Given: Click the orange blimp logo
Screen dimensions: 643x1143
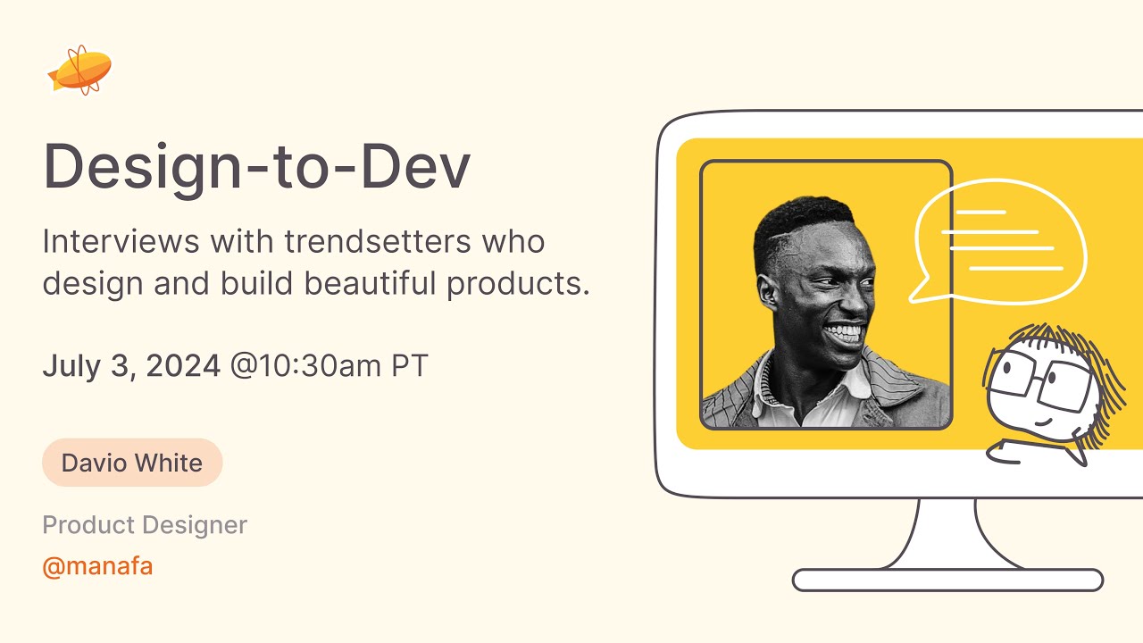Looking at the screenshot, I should (x=80, y=70).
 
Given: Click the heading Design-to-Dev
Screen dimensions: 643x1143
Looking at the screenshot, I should (x=256, y=167).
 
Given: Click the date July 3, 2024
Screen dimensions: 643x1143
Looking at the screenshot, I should (x=131, y=365).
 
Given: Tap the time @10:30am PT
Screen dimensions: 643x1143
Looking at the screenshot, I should (x=329, y=365).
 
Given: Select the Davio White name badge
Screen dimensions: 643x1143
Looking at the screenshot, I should (x=132, y=463).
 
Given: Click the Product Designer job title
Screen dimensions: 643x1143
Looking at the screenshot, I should (x=145, y=525).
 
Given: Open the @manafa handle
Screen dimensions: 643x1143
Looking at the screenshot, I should (x=97, y=566).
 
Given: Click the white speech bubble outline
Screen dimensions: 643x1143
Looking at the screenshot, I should (x=1000, y=239).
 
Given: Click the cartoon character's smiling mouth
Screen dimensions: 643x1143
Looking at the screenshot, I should (x=1045, y=420).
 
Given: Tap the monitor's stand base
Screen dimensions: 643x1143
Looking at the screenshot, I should (x=947, y=580).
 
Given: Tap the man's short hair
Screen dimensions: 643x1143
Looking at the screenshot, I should (x=799, y=219).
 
